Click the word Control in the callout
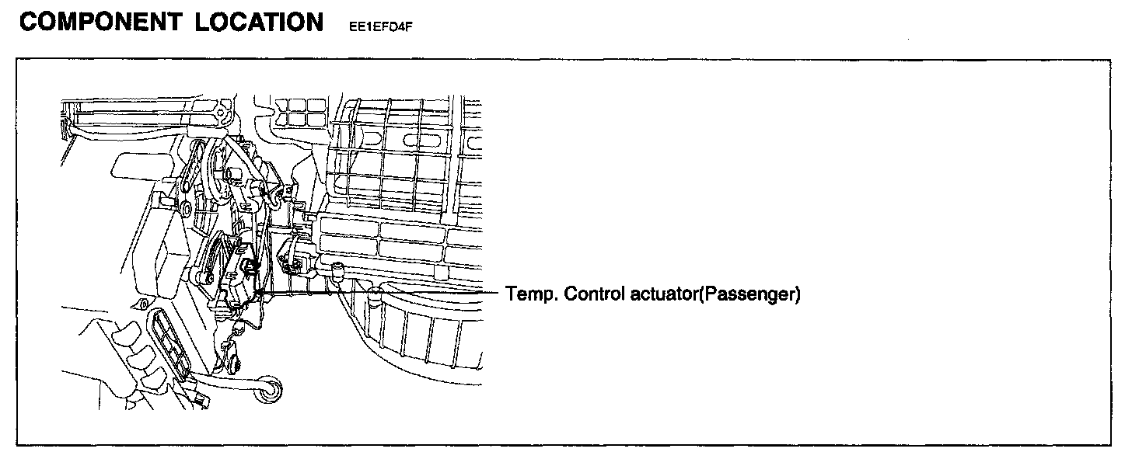pyautogui.click(x=592, y=294)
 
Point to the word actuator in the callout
pyautogui.click(x=662, y=294)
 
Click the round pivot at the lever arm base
pyautogui.click(x=207, y=276)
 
